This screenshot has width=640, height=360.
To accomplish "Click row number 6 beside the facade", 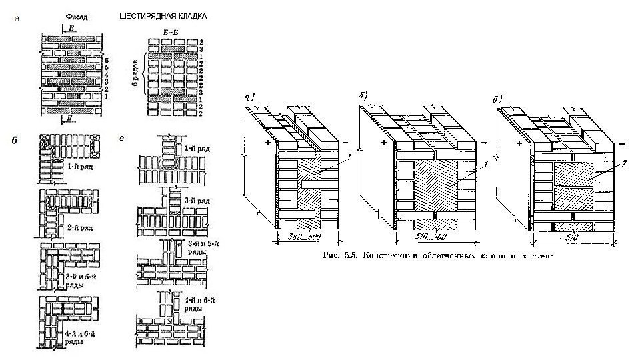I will click(x=107, y=60).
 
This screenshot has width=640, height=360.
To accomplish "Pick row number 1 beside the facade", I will click(x=107, y=97).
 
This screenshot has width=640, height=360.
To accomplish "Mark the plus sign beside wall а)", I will click(x=267, y=143).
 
